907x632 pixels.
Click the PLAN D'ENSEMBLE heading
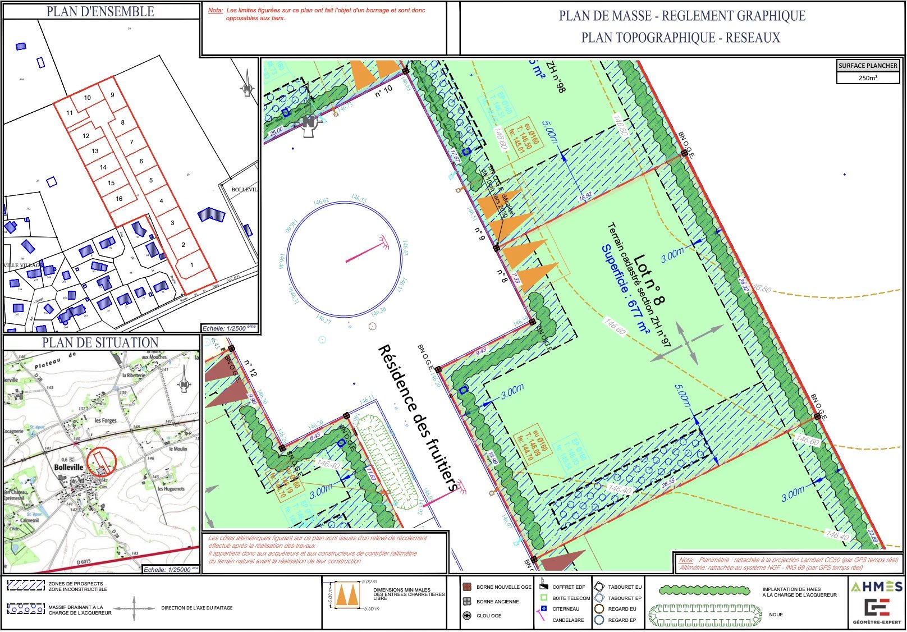100,11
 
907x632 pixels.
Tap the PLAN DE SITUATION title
100,342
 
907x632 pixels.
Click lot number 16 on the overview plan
119,199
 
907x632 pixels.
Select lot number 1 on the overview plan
191,265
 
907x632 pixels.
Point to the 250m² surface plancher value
867,78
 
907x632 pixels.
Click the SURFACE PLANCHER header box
867,66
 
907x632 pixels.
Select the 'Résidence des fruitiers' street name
418,418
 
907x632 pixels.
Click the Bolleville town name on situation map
68,467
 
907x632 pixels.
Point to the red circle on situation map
102,462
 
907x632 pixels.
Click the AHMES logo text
876,587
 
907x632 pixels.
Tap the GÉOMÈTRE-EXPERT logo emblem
877,607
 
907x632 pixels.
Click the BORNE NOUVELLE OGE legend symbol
466,587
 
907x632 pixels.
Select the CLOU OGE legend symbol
466,616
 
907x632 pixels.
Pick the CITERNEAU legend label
566,609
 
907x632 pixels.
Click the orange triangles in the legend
347,595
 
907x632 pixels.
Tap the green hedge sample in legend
704,590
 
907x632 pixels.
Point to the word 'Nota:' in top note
216,11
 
